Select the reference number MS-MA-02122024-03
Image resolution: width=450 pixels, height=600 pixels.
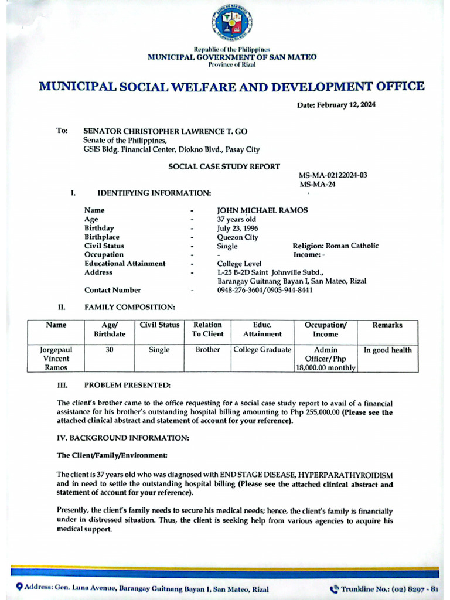(333, 175)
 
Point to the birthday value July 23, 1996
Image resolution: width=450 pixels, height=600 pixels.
(237, 228)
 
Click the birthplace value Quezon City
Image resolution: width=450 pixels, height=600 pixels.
(237, 237)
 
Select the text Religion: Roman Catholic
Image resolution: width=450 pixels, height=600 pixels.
(335, 246)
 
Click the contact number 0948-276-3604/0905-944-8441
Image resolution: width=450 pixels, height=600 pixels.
(264, 290)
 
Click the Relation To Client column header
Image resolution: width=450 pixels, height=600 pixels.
(208, 329)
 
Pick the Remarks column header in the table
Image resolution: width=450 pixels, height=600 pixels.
(387, 325)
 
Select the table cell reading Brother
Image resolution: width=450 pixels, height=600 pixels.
(208, 350)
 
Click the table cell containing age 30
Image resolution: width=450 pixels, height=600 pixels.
(110, 350)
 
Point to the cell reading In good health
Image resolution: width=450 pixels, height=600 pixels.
(387, 350)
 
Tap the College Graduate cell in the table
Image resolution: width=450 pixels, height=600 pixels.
(262, 350)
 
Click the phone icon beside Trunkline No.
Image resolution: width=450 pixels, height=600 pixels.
(335, 588)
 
